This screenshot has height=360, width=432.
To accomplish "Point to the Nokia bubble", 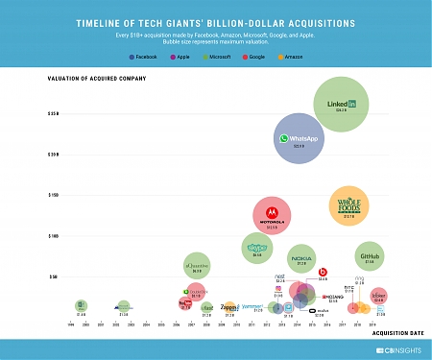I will tap(301, 258).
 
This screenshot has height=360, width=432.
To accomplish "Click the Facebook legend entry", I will tap(143, 57).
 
